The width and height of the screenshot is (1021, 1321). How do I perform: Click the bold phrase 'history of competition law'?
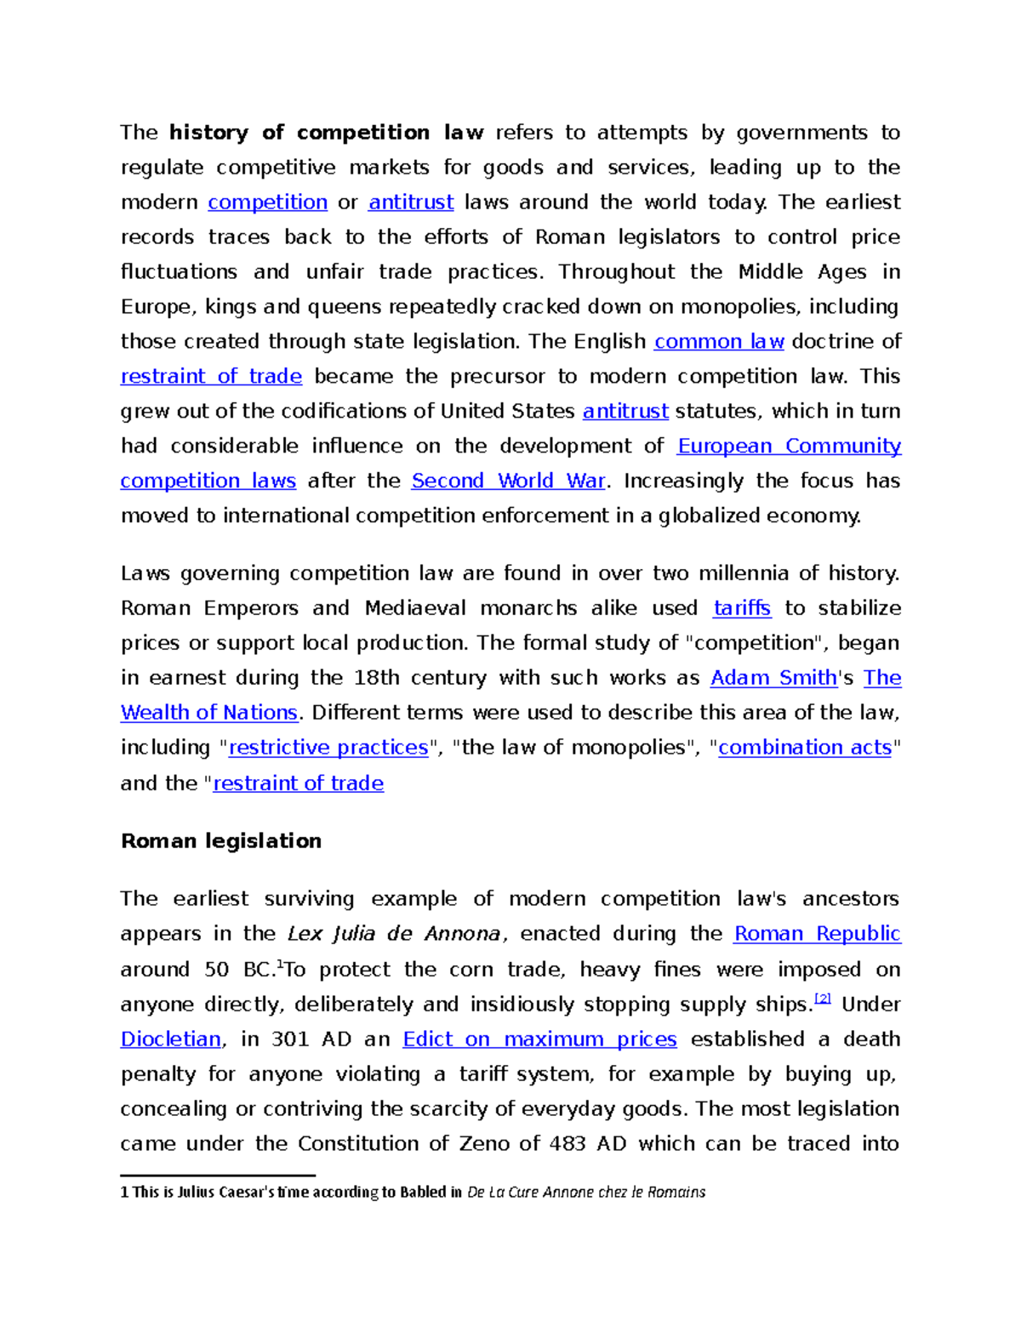coord(326,133)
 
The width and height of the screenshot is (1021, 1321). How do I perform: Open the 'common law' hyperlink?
coord(719,342)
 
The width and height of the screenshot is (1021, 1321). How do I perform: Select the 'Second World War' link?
coord(508,481)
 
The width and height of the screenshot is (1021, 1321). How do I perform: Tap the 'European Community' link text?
coord(789,447)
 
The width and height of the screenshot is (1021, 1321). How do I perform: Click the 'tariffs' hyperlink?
coord(742,609)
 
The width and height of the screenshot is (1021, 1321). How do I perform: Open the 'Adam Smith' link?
coord(773,679)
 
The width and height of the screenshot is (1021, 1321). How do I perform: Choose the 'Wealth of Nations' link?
coord(209,714)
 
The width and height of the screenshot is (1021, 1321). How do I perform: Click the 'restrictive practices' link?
coord(328,749)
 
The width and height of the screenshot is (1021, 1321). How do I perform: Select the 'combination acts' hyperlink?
coord(805,749)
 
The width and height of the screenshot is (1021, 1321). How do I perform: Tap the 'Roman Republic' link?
coord(817,935)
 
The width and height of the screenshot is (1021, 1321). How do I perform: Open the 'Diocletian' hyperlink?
coord(171,1040)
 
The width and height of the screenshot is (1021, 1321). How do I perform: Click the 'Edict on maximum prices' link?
coord(539,1040)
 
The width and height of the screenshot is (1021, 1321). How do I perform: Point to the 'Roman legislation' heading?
coord(221,842)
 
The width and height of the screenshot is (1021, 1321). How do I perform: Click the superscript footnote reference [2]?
coord(823,999)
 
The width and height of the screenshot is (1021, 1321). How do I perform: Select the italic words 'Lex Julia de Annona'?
coord(394,935)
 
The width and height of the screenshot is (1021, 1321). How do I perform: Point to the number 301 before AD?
coord(289,1040)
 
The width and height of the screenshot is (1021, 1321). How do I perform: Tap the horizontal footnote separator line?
coord(218,1176)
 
